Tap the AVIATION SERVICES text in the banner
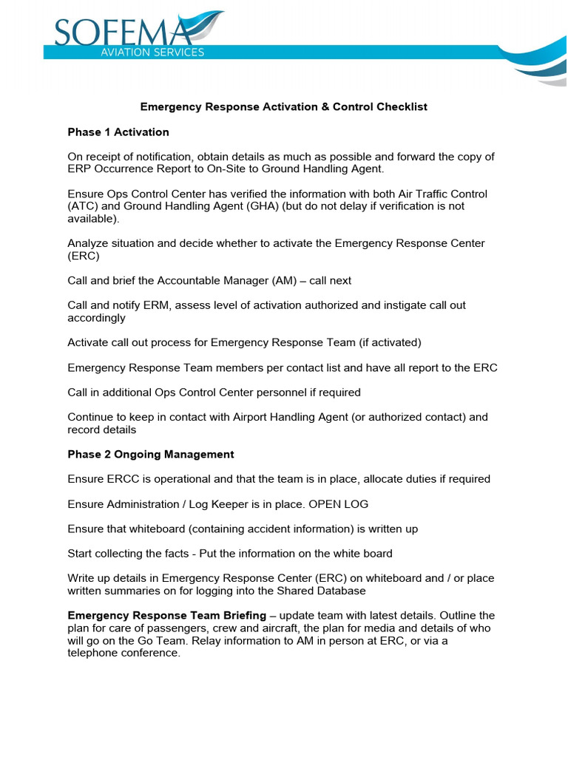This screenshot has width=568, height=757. [x=152, y=52]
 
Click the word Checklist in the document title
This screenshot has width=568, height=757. [x=402, y=106]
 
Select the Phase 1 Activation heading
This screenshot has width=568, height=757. [x=118, y=132]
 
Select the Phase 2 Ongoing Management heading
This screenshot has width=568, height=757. [x=151, y=454]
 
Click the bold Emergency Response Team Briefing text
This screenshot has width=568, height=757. [x=167, y=615]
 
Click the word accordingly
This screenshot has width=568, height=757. [x=96, y=318]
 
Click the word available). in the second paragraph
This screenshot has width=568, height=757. [x=92, y=219]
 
